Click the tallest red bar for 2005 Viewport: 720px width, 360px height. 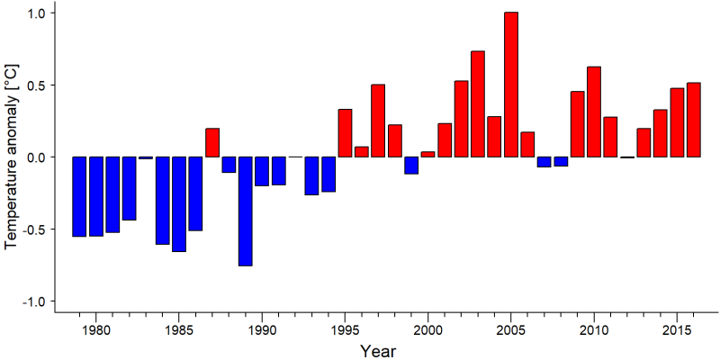coord(510,85)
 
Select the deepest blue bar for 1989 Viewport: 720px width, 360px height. coord(245,211)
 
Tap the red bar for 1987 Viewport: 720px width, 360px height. coord(212,142)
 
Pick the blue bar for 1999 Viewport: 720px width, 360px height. coord(411,166)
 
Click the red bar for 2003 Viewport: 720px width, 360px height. coord(478,103)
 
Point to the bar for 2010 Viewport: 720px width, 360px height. coord(594,112)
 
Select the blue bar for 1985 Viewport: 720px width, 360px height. coord(178,204)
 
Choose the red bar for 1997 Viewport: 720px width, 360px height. coord(378,121)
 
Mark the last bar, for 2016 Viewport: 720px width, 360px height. coord(693,120)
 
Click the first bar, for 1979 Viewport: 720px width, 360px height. coord(79,196)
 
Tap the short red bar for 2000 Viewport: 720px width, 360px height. coord(427,154)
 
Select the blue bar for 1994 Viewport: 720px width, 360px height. coord(328,174)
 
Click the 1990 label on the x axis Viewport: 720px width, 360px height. coord(262,329)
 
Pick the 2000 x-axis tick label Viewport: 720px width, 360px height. coord(427,329)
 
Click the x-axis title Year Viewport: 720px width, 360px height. coord(377,351)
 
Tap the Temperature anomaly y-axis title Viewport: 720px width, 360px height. coord(12,157)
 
